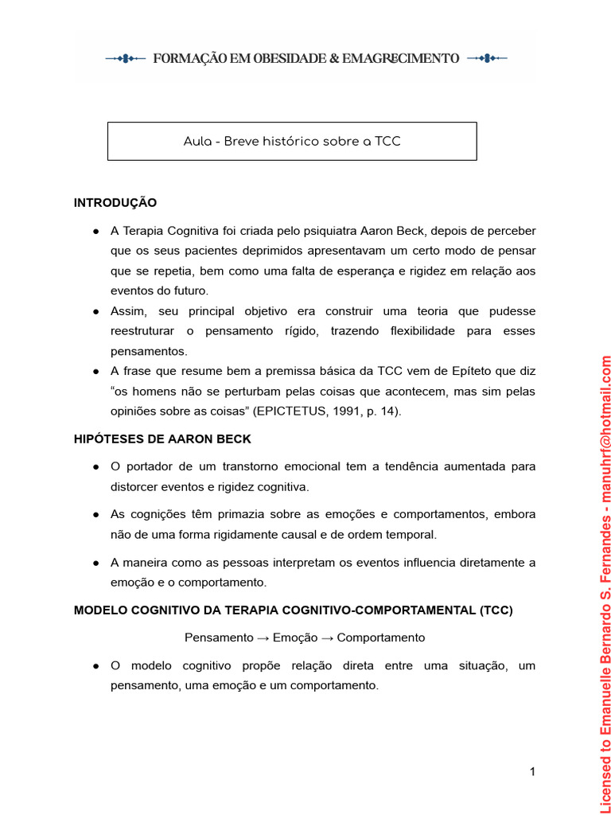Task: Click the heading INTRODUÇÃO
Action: tap(115, 203)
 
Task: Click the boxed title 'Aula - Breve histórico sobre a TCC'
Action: tap(292, 142)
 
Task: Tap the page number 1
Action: tap(532, 771)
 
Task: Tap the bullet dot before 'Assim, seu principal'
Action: tap(95, 311)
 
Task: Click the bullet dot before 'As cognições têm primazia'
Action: tap(95, 514)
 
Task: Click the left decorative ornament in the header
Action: tap(126, 58)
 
